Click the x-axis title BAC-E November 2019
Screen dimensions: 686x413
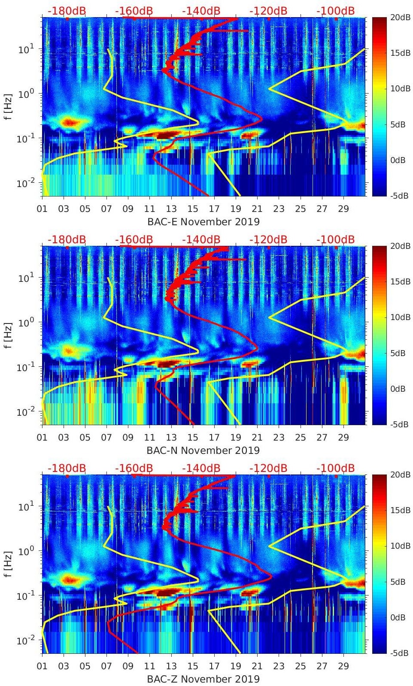203,222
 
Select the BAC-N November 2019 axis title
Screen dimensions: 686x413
203,450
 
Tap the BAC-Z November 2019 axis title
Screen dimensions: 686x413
203,679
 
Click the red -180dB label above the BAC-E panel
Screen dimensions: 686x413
67,11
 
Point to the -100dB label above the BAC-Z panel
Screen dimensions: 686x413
335,468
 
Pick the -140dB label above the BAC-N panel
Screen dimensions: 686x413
201,239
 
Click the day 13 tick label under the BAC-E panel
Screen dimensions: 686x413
171,209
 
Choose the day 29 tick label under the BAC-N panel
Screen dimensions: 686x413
343,438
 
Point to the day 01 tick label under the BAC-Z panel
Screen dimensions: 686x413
42,666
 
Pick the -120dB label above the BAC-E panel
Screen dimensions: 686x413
268,11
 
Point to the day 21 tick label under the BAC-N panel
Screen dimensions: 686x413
257,438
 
